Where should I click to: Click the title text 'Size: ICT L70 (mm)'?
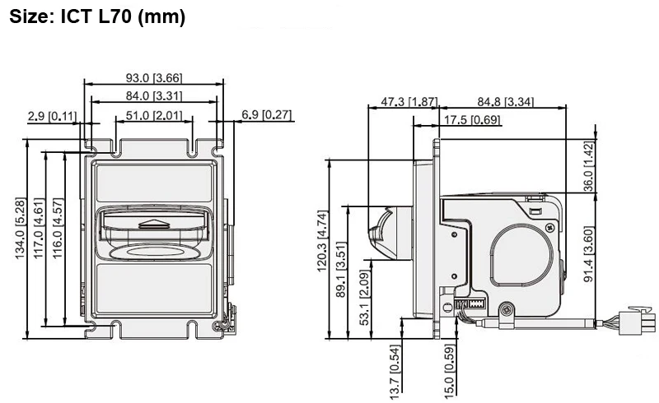pyautogui.click(x=98, y=17)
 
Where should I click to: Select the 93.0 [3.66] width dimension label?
pyautogui.click(x=154, y=78)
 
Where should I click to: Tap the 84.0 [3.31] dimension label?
pyautogui.click(x=154, y=97)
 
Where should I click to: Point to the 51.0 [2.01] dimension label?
pyautogui.click(x=154, y=115)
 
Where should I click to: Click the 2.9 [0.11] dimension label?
pyautogui.click(x=52, y=115)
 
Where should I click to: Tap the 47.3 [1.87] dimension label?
pyautogui.click(x=409, y=101)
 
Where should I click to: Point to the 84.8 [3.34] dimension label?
pyautogui.click(x=506, y=102)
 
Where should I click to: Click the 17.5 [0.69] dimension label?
pyautogui.click(x=473, y=121)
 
